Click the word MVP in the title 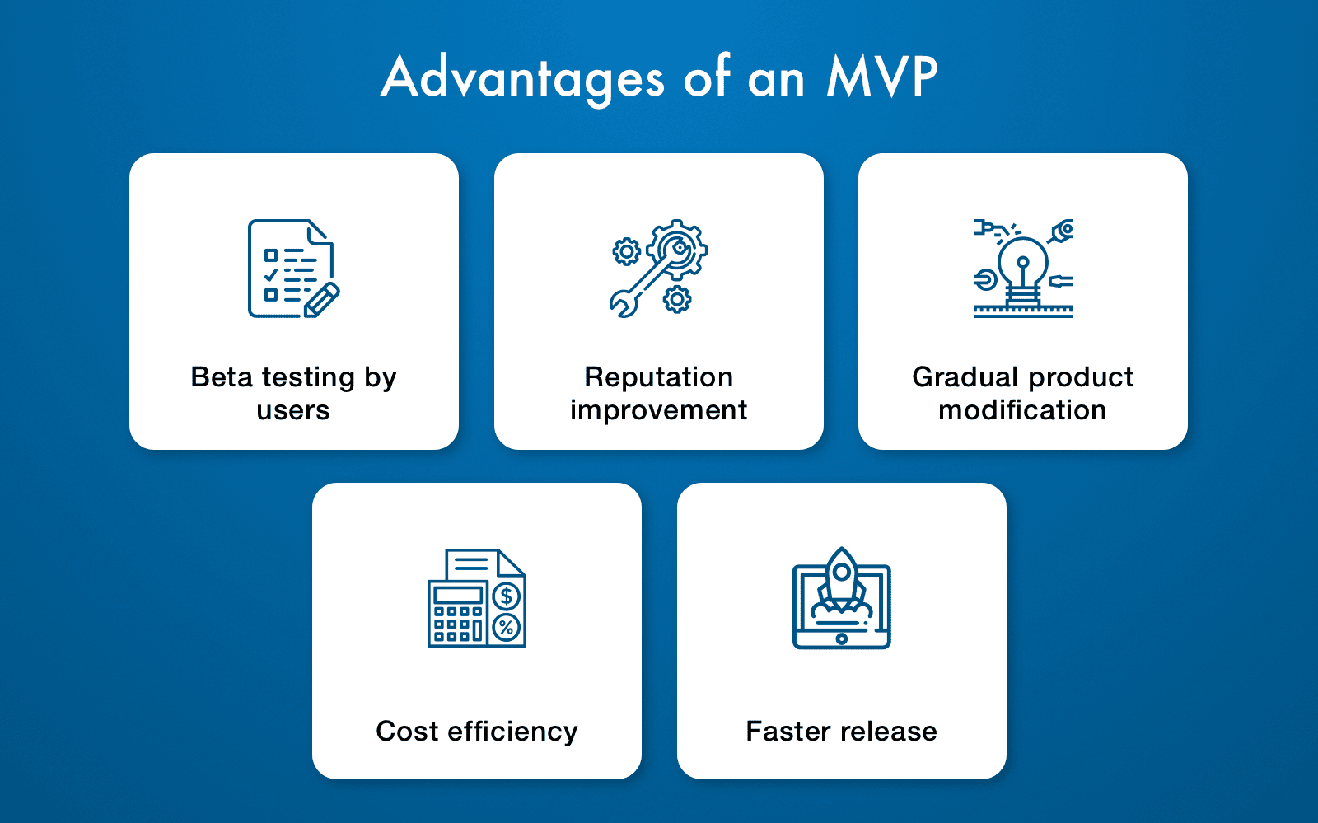[882, 77]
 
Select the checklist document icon [293, 269]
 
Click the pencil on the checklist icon [321, 300]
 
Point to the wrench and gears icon [658, 269]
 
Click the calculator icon [457, 614]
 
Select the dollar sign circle [506, 596]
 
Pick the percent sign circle [506, 627]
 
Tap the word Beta [222, 377]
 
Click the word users [293, 411]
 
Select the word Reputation [658, 378]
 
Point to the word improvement [658, 411]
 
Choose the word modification [1022, 410]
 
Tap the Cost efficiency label [477, 732]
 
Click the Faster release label [841, 732]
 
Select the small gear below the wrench [677, 299]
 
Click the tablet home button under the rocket [842, 638]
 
